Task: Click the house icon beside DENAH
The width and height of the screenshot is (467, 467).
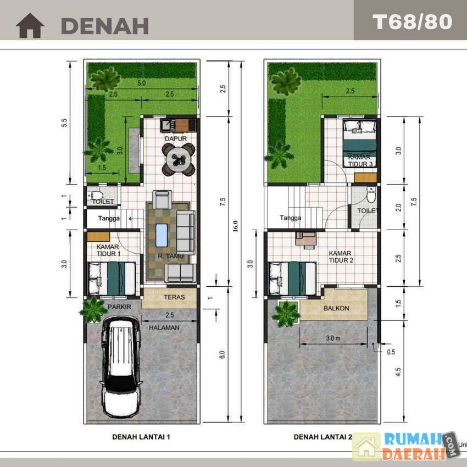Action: point(30,26)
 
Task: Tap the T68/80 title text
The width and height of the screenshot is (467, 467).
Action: point(412,22)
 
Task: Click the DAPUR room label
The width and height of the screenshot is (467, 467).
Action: point(176,138)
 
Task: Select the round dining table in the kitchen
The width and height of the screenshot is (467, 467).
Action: point(179,160)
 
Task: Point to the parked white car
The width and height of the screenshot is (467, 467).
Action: point(121,366)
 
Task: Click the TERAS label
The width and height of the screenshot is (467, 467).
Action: point(174,297)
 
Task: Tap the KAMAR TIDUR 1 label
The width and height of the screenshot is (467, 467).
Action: point(108,250)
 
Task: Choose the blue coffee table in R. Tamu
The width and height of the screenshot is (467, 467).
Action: point(162,235)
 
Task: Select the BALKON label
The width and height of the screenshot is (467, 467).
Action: point(336,308)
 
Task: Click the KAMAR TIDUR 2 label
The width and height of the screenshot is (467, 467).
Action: point(341,257)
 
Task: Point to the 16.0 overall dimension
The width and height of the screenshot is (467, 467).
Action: point(236,226)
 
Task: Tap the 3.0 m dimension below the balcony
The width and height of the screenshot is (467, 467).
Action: point(333,338)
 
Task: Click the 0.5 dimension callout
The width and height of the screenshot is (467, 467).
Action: point(391,352)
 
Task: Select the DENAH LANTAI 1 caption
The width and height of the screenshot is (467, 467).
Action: point(141,437)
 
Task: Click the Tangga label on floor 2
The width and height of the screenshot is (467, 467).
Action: point(291,218)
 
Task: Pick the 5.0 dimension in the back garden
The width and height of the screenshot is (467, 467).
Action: point(141,83)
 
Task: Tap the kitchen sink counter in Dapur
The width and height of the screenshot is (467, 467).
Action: point(179,125)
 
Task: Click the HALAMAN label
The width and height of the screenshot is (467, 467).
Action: point(164,327)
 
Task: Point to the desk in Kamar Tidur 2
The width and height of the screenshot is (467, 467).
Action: point(305,239)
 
